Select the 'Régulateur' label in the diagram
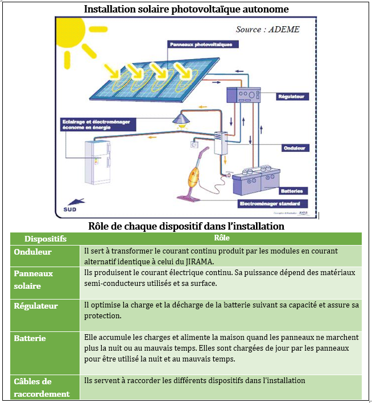(x=293, y=97)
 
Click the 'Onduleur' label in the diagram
(x=295, y=148)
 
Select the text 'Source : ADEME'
(x=267, y=29)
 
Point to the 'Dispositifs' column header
(x=46, y=239)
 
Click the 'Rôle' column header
(x=222, y=238)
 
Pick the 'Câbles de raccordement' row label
(x=41, y=388)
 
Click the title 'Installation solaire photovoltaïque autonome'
(x=186, y=9)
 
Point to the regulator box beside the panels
(x=243, y=95)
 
